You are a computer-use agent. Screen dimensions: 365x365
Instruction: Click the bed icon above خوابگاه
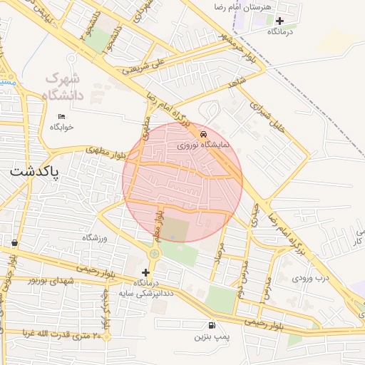point(61,115)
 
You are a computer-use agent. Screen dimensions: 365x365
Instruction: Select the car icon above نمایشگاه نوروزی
point(205,133)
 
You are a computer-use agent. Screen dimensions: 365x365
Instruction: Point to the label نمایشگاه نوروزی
point(204,144)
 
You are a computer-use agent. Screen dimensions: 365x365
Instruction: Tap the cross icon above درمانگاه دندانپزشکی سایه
point(146,272)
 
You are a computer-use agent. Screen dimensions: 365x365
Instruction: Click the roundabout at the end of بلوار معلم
point(155,252)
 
